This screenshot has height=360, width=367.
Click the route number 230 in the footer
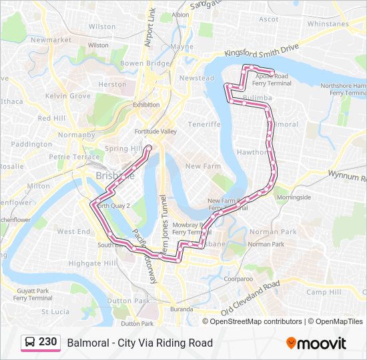click(47, 342)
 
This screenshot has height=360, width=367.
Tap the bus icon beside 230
click(30, 343)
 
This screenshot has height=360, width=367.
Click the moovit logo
click(316, 343)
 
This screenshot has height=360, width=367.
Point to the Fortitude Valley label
click(154, 131)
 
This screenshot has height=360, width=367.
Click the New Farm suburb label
click(202, 166)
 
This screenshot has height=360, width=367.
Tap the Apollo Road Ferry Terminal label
click(272, 80)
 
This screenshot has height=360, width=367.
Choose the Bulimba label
click(258, 98)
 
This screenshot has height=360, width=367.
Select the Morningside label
click(294, 197)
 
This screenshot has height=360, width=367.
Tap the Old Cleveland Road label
click(250, 299)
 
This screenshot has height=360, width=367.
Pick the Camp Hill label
click(324, 292)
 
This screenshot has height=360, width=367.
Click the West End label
click(73, 231)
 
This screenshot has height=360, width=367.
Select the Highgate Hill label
click(93, 263)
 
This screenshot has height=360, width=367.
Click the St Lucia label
click(55, 311)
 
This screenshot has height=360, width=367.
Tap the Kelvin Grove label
click(67, 96)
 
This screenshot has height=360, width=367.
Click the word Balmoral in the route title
click(87, 343)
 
